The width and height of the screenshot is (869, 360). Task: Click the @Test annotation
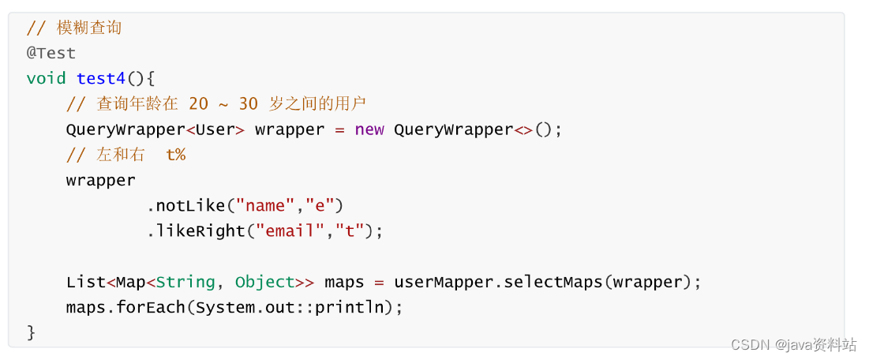coord(51,54)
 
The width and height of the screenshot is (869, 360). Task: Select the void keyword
coord(46,79)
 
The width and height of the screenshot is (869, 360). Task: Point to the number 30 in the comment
coord(249,104)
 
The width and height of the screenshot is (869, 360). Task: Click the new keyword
coord(369,129)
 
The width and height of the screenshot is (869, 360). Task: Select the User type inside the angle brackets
coord(215,129)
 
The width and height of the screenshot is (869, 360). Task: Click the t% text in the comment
coord(175,155)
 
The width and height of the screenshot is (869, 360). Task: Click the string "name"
coord(265,206)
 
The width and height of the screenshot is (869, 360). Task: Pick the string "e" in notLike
coord(320,206)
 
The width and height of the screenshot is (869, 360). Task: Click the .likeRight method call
coord(196,231)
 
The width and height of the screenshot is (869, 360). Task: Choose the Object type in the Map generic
coord(264,282)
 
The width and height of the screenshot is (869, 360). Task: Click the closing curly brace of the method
coord(32,332)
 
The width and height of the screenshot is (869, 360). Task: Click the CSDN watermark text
coord(749,345)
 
